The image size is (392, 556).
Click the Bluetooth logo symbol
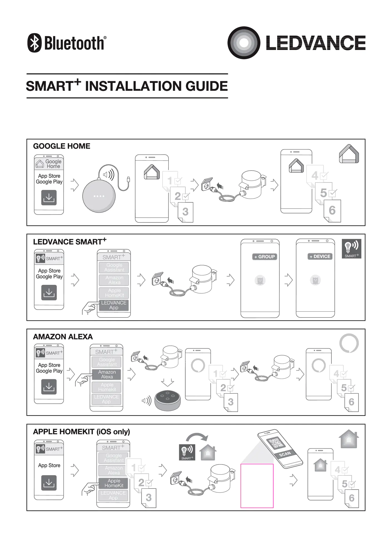[34, 43]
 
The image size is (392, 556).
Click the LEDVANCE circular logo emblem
[244, 43]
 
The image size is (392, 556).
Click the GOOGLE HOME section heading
[62, 146]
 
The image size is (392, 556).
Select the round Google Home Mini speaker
[99, 196]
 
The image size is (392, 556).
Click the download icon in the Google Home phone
[49, 198]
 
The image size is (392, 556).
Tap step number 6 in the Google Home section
[332, 211]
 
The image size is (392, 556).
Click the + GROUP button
[264, 257]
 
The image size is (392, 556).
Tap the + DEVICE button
[320, 257]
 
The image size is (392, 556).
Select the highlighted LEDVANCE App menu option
[114, 305]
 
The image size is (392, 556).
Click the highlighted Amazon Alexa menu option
[107, 374]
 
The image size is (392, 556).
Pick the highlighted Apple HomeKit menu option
[114, 483]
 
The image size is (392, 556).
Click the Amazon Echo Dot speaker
[168, 401]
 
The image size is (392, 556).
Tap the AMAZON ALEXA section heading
[63, 337]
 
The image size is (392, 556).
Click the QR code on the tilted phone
[276, 443]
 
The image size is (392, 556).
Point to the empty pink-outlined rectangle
[257, 486]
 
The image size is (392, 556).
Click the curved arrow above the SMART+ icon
[197, 437]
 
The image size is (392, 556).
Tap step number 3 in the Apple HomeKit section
[149, 498]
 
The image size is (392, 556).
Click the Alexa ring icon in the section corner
[349, 343]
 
